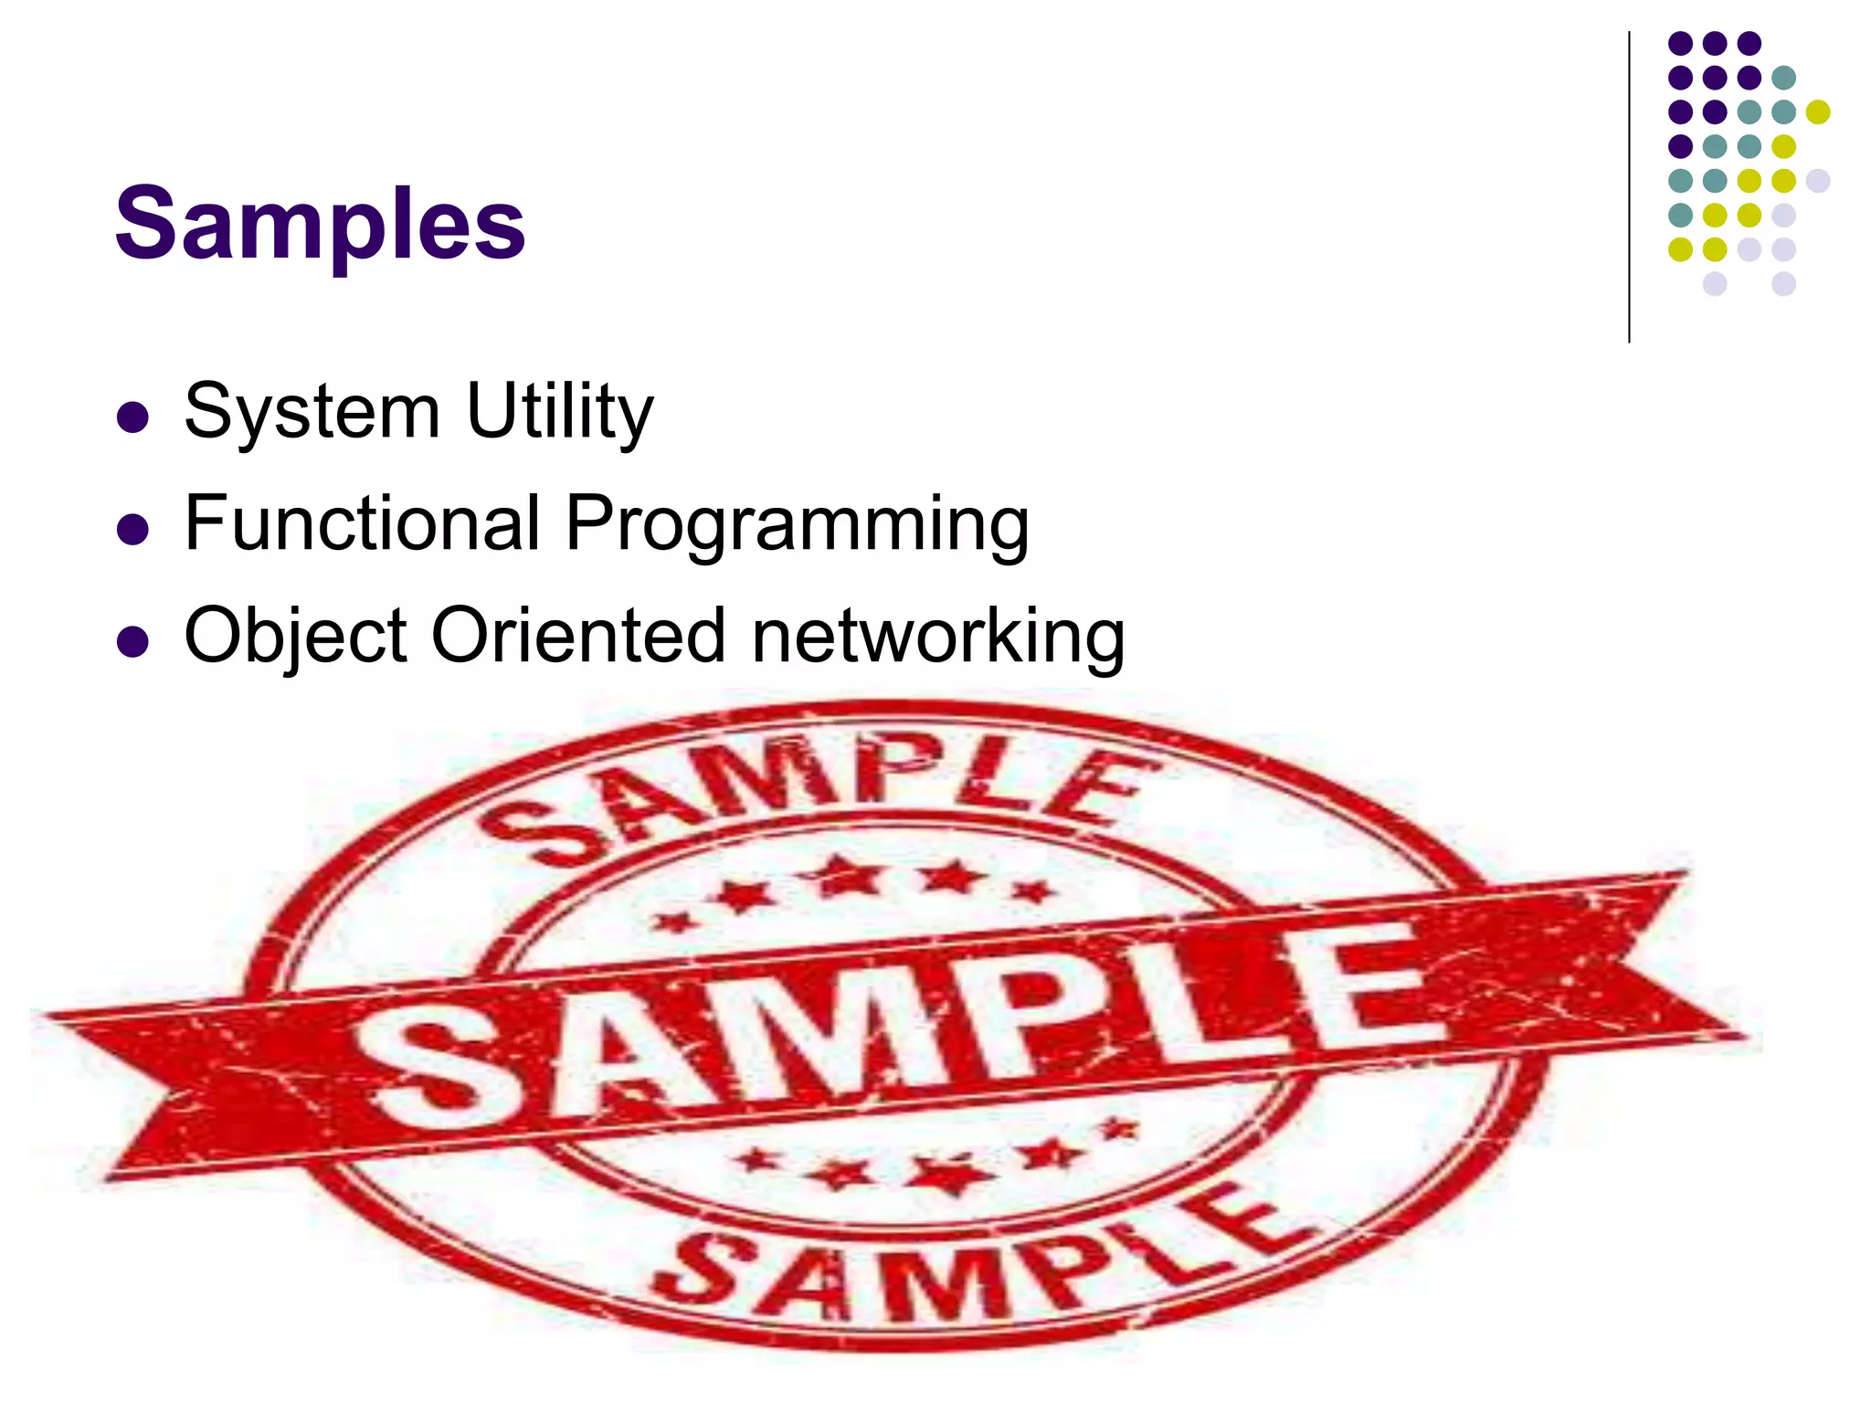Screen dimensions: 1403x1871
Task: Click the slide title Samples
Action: [320, 225]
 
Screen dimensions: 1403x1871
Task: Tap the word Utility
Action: [559, 412]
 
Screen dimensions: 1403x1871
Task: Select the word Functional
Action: [363, 523]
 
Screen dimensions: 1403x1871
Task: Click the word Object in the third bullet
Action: [295, 637]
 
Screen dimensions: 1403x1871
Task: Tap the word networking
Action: [937, 637]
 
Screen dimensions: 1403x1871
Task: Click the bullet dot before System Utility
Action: [133, 417]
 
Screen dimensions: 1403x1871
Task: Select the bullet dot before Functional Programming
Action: [133, 530]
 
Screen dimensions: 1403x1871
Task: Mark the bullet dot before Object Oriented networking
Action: [133, 642]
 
